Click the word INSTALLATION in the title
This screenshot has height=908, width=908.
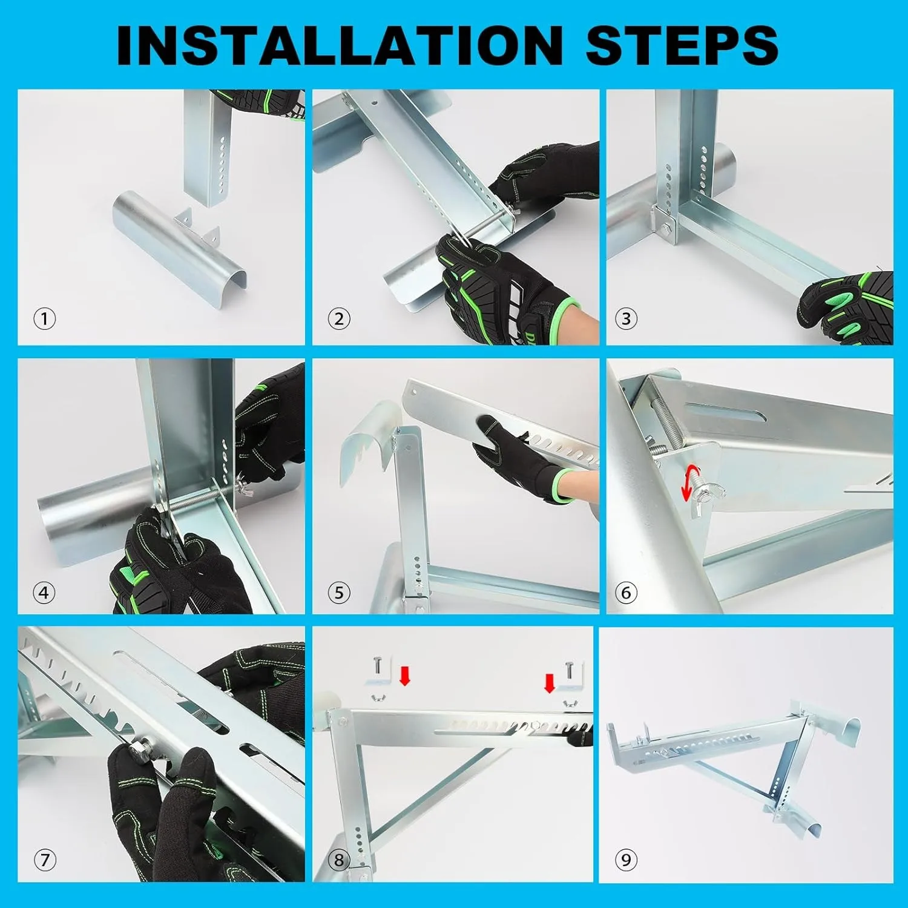(340, 45)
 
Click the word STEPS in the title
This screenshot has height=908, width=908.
(682, 45)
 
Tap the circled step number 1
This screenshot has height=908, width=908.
(44, 318)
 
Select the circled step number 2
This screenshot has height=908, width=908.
(339, 318)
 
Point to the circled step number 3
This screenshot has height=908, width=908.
(627, 318)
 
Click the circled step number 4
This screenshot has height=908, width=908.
(44, 593)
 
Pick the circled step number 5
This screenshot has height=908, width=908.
(339, 593)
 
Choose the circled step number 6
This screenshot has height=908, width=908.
(627, 593)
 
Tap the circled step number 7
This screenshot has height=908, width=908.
(44, 860)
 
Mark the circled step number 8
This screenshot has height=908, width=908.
(339, 860)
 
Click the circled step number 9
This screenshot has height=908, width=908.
(627, 860)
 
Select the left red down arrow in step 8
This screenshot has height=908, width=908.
(405, 675)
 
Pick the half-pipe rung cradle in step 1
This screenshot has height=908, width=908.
(179, 241)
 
